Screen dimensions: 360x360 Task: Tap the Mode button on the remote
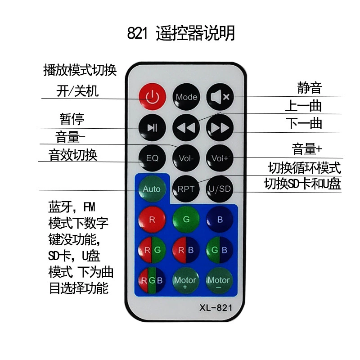coord(186,97)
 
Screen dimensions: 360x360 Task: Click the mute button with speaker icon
coord(220,97)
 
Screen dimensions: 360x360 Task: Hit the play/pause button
coord(152,128)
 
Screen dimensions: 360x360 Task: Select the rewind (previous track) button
coord(186,128)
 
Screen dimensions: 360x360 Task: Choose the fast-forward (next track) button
coord(220,128)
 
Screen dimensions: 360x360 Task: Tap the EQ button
coord(152,158)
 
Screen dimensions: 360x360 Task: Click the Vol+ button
coord(220,158)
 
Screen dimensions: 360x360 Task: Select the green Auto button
coord(152,189)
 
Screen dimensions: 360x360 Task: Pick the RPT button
coord(186,189)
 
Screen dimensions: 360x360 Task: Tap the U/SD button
coord(220,189)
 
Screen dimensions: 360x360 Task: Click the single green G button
coord(186,220)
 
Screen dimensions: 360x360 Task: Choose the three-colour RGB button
coord(152,280)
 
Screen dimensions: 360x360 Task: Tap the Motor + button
coord(185,280)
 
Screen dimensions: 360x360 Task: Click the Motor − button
coord(219,280)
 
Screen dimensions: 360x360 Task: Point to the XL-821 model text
coord(216,308)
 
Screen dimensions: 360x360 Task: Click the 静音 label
coord(310,87)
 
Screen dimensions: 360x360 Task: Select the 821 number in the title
coord(137,33)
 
